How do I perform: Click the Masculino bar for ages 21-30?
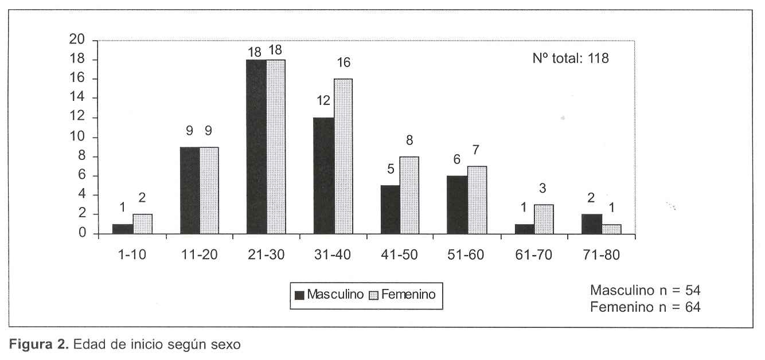(x=256, y=146)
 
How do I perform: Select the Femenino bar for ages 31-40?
(x=343, y=156)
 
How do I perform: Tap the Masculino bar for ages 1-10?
(x=123, y=229)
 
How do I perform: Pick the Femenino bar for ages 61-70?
(x=544, y=219)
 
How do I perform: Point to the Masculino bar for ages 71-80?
(x=591, y=224)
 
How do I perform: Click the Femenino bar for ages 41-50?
(x=410, y=195)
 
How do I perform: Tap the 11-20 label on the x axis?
(x=199, y=255)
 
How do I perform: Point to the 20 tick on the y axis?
(x=77, y=40)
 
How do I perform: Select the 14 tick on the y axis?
(x=77, y=98)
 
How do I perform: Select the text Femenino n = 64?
(x=645, y=307)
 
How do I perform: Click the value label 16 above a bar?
(x=344, y=62)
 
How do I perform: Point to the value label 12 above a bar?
(x=323, y=101)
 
